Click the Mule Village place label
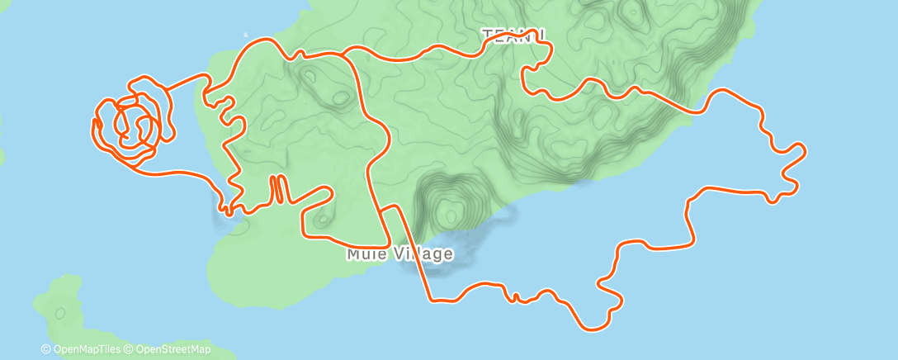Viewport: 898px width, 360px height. point(399,253)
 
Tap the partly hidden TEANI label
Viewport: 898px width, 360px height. point(513,35)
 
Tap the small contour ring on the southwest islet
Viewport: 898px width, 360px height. point(60,313)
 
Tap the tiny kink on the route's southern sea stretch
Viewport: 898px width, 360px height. point(515,297)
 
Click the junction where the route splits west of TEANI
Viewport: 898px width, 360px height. point(343,54)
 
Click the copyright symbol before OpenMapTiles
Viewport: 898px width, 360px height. point(46,349)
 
